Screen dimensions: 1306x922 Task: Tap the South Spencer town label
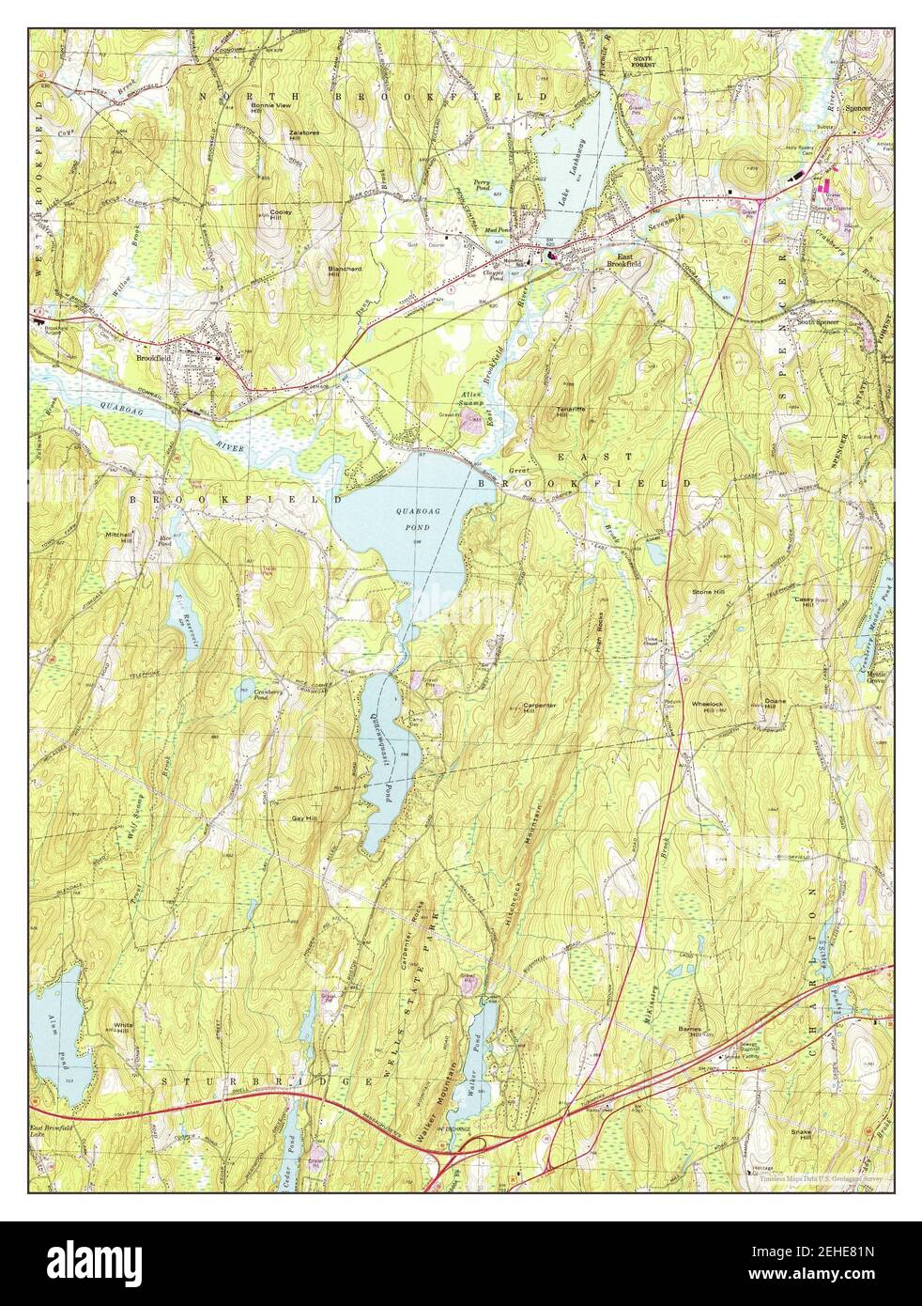pos(818,322)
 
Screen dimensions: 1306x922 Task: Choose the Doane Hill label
pos(775,703)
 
